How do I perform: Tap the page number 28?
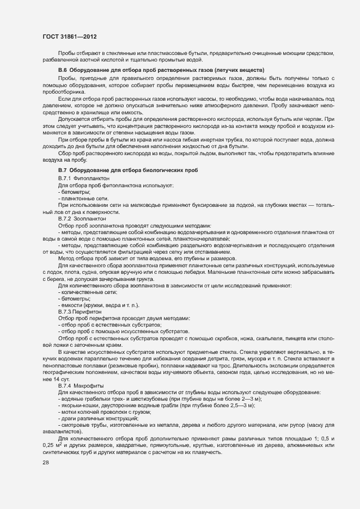(x=46, y=462)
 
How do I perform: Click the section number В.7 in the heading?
(x=62, y=171)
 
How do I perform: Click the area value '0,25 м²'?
(x=53, y=446)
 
